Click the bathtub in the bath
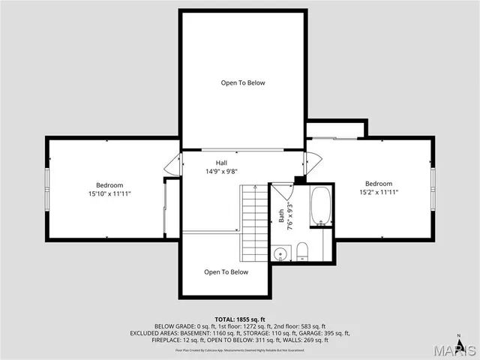(320, 205)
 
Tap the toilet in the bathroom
(301, 250)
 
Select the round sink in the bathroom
(280, 253)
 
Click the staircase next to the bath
(253, 222)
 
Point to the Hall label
(221, 163)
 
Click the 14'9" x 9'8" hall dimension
(221, 172)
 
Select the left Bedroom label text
(109, 185)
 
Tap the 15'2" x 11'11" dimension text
(379, 193)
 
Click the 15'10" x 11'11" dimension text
(109, 193)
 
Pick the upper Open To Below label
(242, 82)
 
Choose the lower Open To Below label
(226, 272)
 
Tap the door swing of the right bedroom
(313, 160)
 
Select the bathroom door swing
(281, 190)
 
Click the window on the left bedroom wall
(47, 184)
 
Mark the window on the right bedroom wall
(433, 184)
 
